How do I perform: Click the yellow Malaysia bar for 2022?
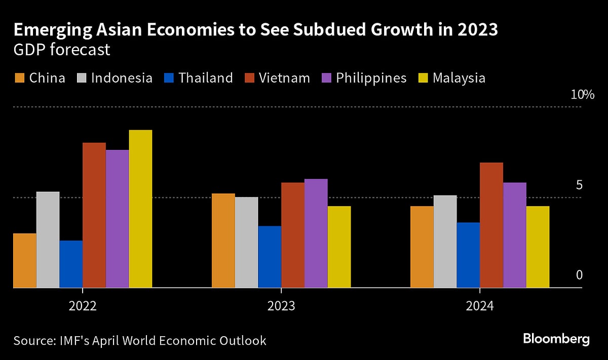pyautogui.click(x=140, y=209)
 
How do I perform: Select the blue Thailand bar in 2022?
pyautogui.click(x=71, y=264)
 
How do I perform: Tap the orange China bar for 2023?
pyautogui.click(x=223, y=241)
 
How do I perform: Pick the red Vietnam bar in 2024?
pyautogui.click(x=491, y=225)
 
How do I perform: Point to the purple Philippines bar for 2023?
pyautogui.click(x=316, y=233)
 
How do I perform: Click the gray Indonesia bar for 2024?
pyautogui.click(x=445, y=242)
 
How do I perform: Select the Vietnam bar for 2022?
pyautogui.click(x=94, y=215)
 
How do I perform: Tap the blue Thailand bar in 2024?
pyautogui.click(x=468, y=255)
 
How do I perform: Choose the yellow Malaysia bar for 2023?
pyautogui.click(x=339, y=247)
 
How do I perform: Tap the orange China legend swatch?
pyautogui.click(x=19, y=78)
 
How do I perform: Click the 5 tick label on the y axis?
pyautogui.click(x=580, y=185)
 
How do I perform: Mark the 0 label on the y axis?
pyautogui.click(x=580, y=275)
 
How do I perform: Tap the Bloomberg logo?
pyautogui.click(x=556, y=339)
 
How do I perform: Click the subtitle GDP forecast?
pyautogui.click(x=62, y=51)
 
